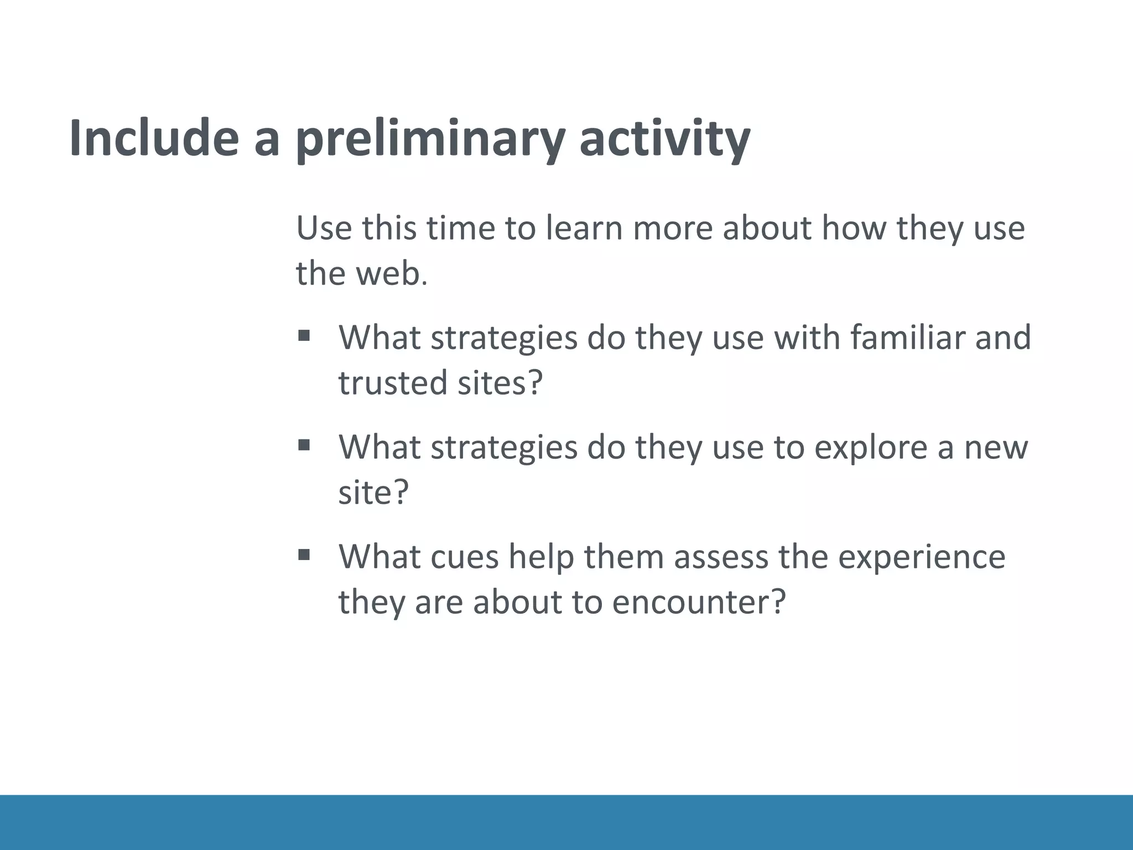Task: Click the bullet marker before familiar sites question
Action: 304,335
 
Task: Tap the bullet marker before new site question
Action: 304,445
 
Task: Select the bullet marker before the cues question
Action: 304,554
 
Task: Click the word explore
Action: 870,447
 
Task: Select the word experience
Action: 921,556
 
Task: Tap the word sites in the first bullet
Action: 499,382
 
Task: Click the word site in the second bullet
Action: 372,492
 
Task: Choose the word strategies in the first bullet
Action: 504,337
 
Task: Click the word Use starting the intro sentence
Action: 324,228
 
